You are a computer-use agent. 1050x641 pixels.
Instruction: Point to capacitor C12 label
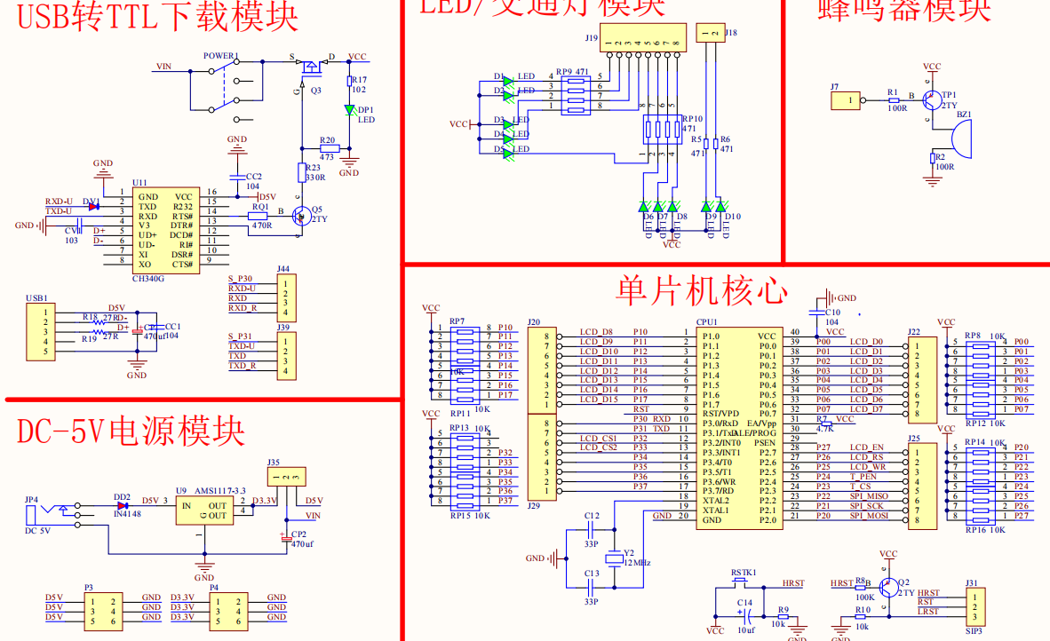tap(592, 516)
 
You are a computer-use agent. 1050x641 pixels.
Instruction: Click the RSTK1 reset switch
tap(744, 585)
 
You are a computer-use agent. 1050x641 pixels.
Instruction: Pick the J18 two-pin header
tap(711, 35)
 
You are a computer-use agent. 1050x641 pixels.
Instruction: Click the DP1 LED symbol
tap(351, 110)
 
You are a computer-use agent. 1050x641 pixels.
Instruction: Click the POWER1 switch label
tap(221, 56)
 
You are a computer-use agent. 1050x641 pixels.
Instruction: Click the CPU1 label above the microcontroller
tap(706, 322)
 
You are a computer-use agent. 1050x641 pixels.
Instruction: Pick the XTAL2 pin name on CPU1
tap(716, 501)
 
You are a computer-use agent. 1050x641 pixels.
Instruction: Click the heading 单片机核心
tap(701, 291)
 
